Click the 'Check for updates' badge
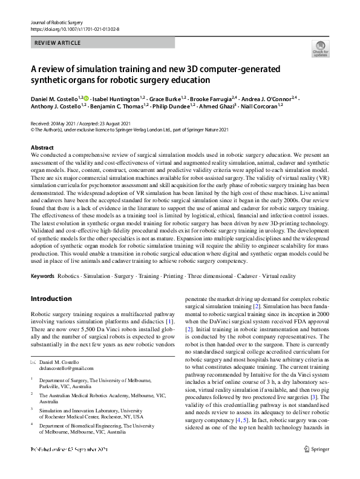(x=319, y=48)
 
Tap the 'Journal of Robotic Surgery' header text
(x=56, y=22)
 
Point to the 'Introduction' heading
(x=51, y=299)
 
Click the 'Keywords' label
(x=42, y=276)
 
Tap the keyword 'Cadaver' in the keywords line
(x=234, y=276)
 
